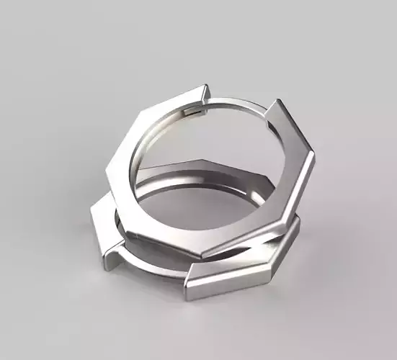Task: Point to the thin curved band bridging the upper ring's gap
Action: coord(238,105)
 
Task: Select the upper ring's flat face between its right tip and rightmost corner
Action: coord(295,130)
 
